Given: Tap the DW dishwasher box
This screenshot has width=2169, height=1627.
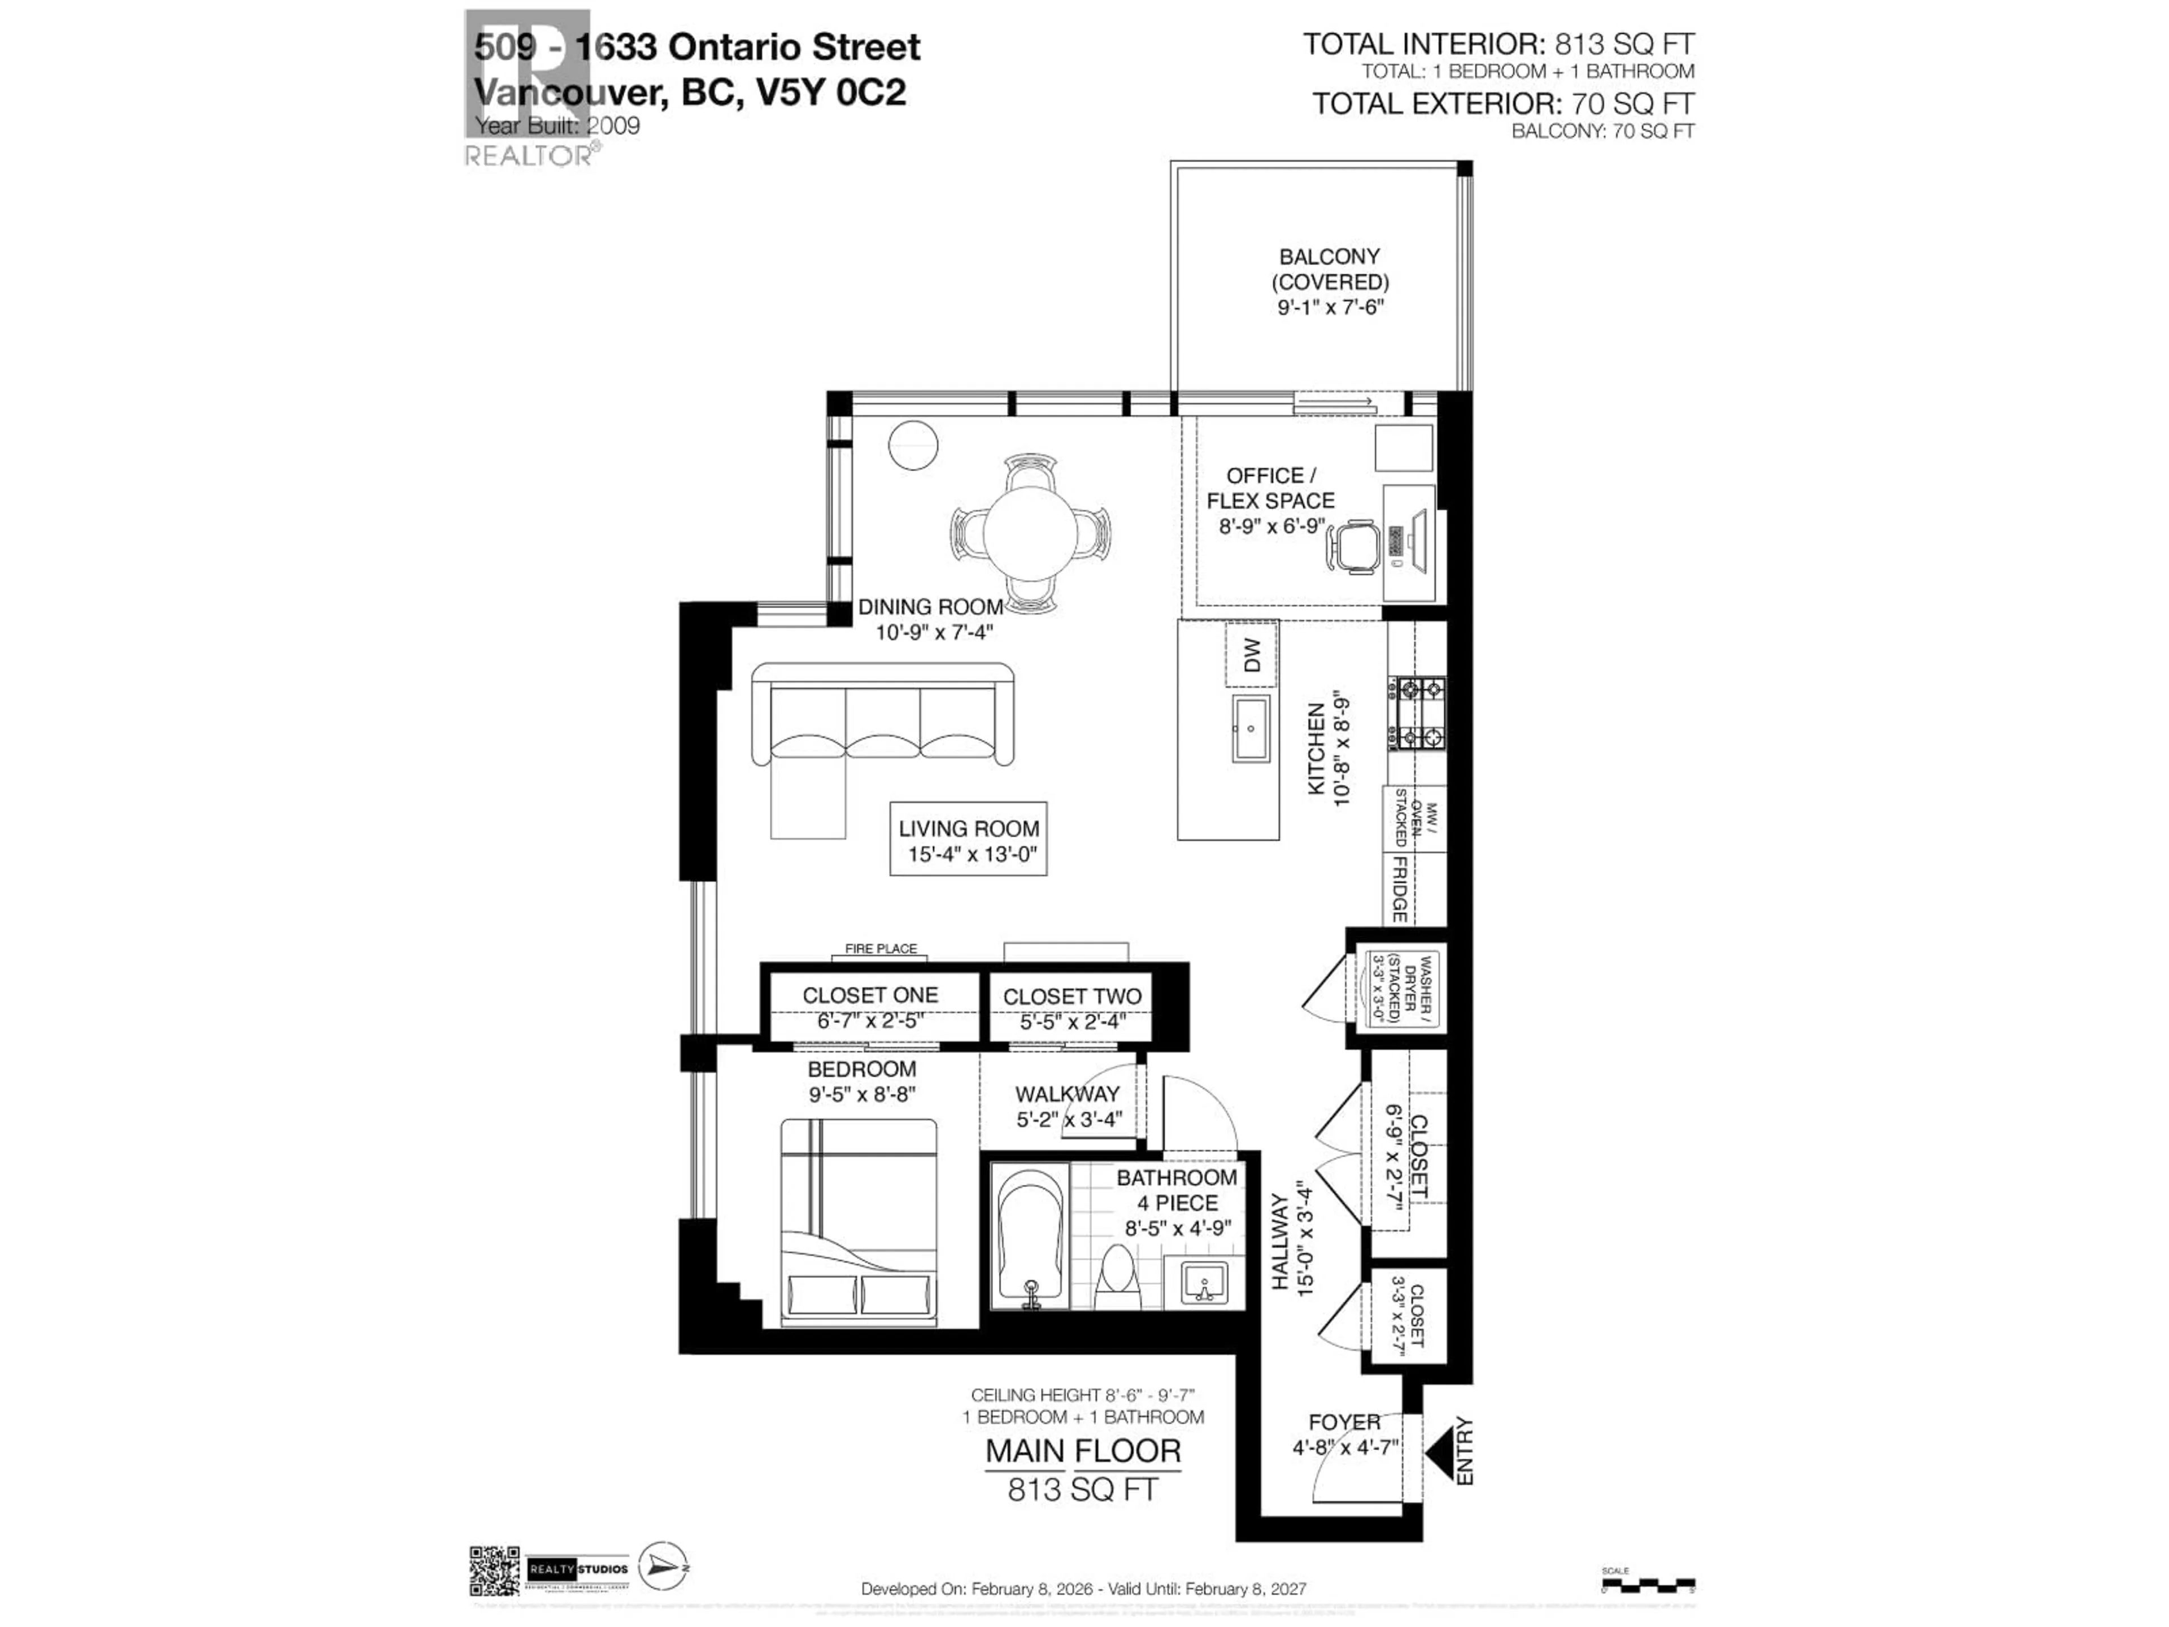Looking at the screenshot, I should point(1251,655).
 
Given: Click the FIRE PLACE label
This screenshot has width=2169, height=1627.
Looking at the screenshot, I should point(881,949).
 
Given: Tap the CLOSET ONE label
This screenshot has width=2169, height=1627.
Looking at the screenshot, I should point(870,994).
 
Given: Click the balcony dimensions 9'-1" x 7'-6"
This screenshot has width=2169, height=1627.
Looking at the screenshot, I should point(1330,307).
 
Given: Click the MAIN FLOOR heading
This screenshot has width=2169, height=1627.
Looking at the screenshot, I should point(1083,1451).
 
